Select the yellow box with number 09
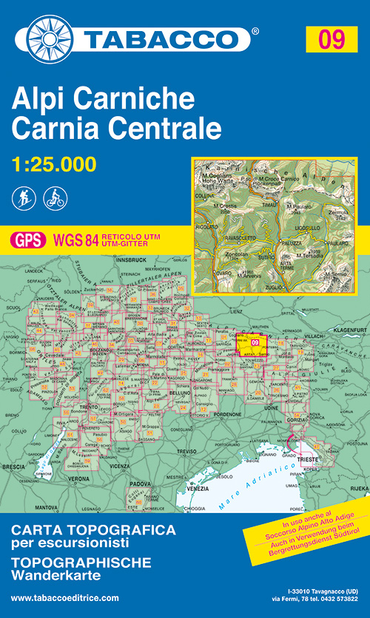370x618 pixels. (x=332, y=38)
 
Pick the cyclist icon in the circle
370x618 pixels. (x=55, y=198)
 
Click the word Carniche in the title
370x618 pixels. (x=145, y=99)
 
